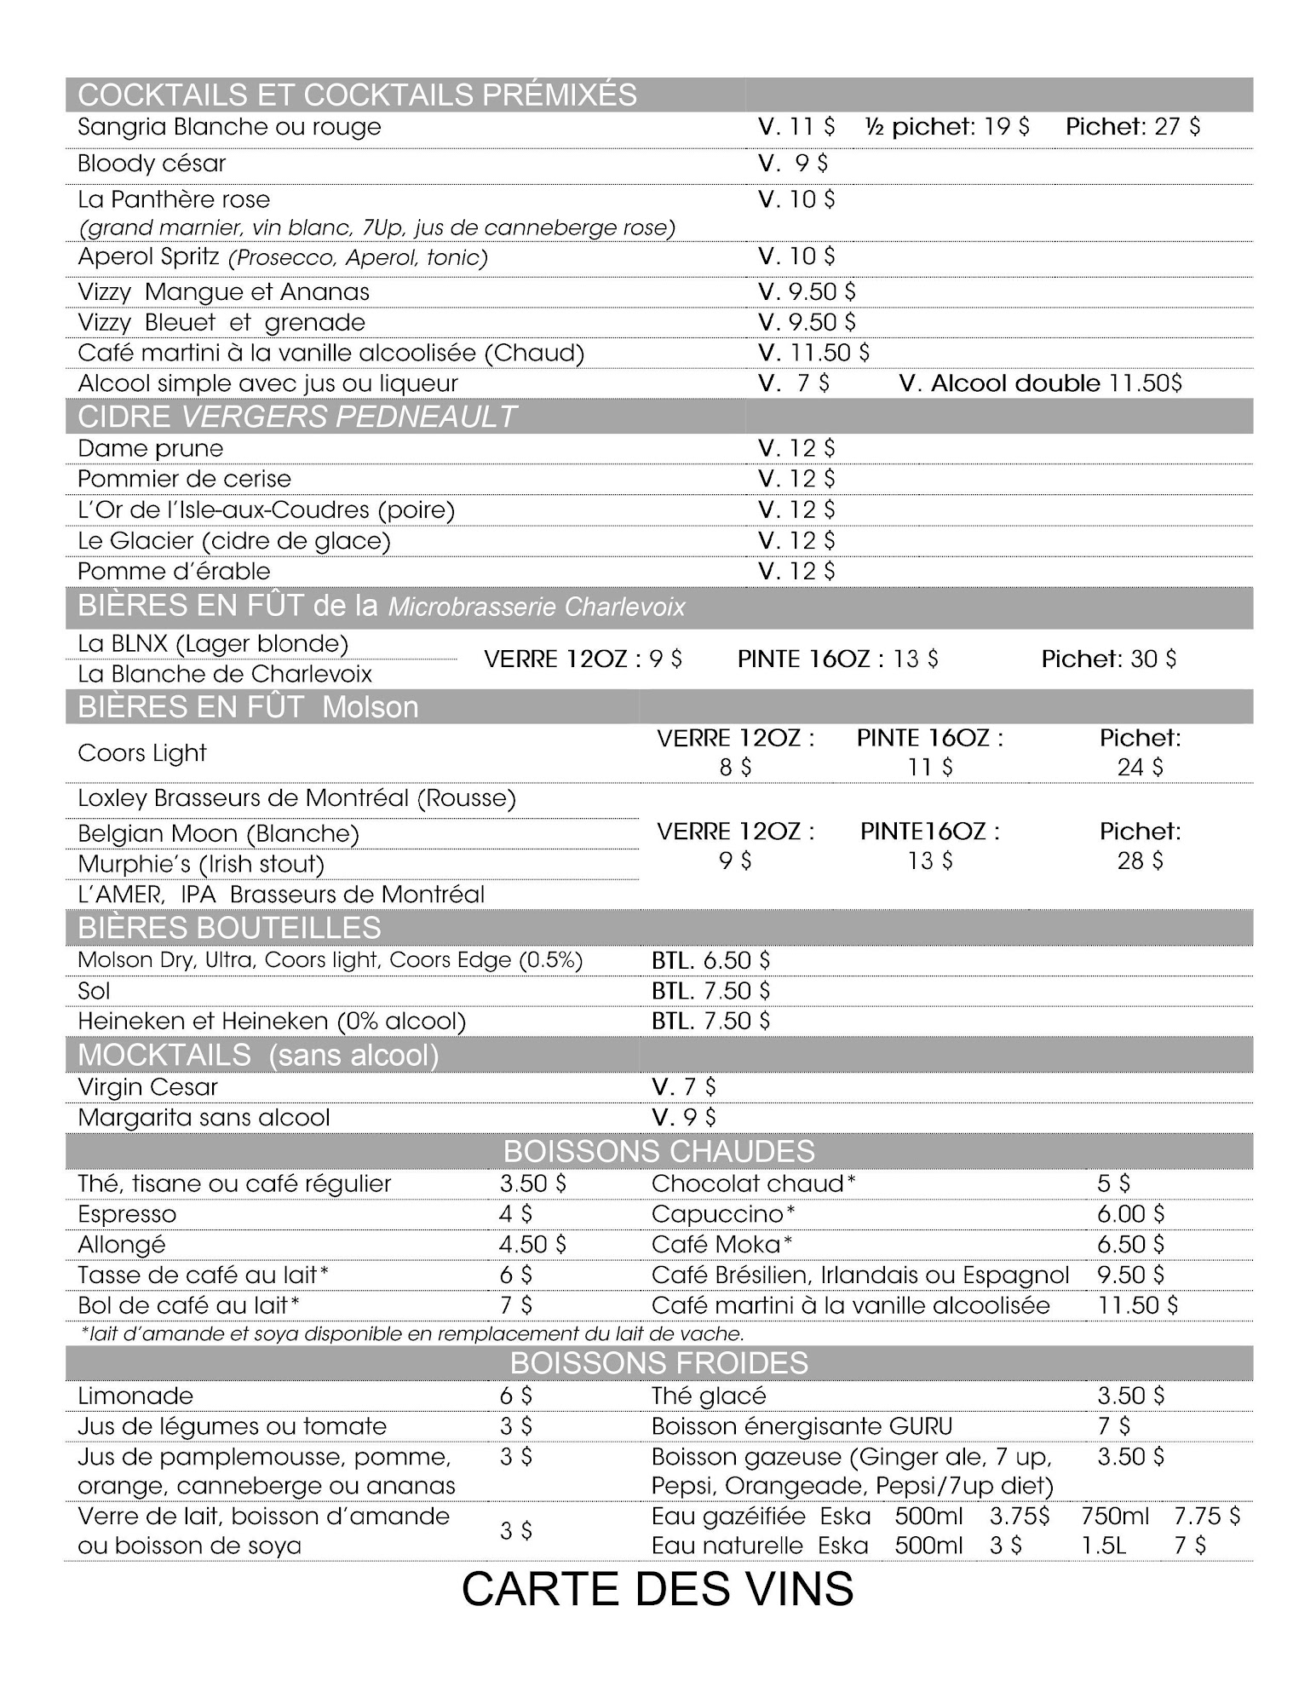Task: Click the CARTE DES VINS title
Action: tap(657, 1589)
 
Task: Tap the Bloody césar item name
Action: tap(152, 164)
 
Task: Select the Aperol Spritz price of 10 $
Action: tap(796, 256)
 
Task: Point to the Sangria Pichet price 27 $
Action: tap(1133, 127)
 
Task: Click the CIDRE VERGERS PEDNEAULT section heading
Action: tap(296, 417)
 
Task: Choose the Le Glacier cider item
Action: tap(233, 541)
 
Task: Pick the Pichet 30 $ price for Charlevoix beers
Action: tap(1108, 659)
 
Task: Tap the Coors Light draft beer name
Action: tap(141, 753)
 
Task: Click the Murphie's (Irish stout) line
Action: tap(201, 864)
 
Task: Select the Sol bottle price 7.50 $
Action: tap(710, 991)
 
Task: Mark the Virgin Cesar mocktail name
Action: tap(147, 1087)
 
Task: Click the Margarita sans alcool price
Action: tap(684, 1118)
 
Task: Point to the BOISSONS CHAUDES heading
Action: tap(658, 1151)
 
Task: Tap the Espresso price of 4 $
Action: tap(515, 1214)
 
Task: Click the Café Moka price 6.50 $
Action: tap(1130, 1245)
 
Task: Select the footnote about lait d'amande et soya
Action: tap(412, 1334)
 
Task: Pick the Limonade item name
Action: tap(135, 1396)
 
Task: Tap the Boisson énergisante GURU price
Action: tap(1113, 1426)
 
